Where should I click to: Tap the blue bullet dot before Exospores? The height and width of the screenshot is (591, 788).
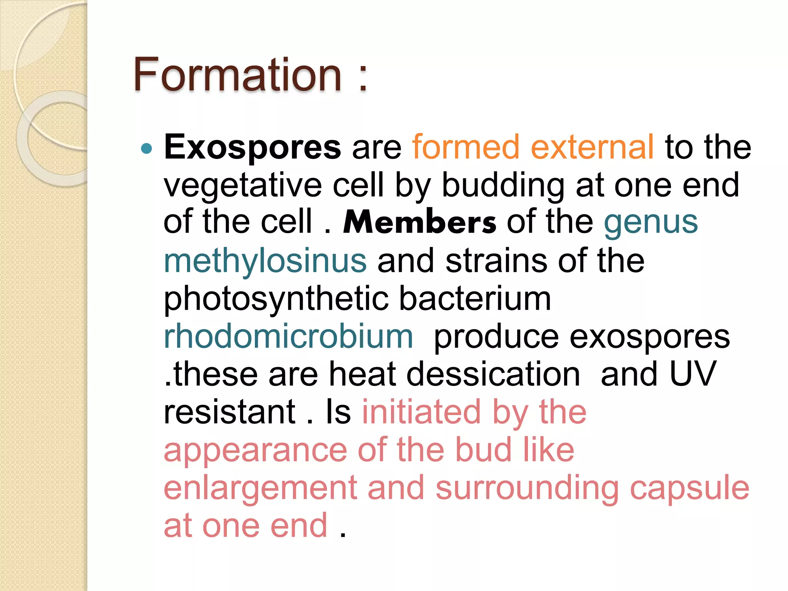(x=147, y=148)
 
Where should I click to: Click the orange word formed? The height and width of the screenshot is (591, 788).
(x=466, y=147)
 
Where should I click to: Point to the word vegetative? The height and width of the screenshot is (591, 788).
(x=243, y=185)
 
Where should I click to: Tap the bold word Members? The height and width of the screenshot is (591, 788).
(x=419, y=222)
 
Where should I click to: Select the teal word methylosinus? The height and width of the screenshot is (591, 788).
(x=265, y=260)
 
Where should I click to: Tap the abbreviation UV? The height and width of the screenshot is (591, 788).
(x=693, y=374)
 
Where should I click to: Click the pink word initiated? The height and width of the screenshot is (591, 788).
(x=421, y=412)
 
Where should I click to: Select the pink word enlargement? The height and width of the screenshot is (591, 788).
(x=260, y=488)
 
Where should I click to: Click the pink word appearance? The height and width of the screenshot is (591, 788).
(x=255, y=450)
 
